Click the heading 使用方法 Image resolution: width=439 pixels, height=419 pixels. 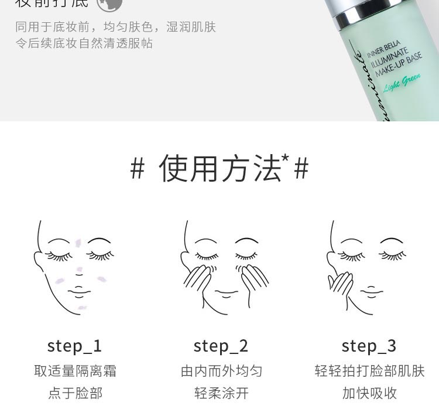click(x=220, y=169)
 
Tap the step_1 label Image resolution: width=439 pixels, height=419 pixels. click(x=74, y=346)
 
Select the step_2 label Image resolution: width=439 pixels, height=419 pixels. click(x=221, y=346)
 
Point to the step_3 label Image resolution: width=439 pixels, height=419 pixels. click(x=369, y=346)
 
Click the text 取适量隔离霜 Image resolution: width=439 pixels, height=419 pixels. click(x=74, y=371)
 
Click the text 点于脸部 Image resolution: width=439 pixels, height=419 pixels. click(x=74, y=393)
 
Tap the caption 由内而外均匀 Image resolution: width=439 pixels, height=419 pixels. click(x=221, y=371)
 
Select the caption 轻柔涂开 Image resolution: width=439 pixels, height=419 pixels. click(x=221, y=393)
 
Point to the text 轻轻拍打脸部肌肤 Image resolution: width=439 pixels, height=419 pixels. click(x=369, y=371)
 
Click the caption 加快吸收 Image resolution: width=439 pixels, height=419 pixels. click(x=369, y=393)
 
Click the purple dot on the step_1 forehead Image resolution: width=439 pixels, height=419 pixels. click(x=78, y=241)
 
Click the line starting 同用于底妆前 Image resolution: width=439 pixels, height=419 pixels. click(x=115, y=27)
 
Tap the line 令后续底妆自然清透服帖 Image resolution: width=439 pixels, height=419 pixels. click(x=84, y=43)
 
